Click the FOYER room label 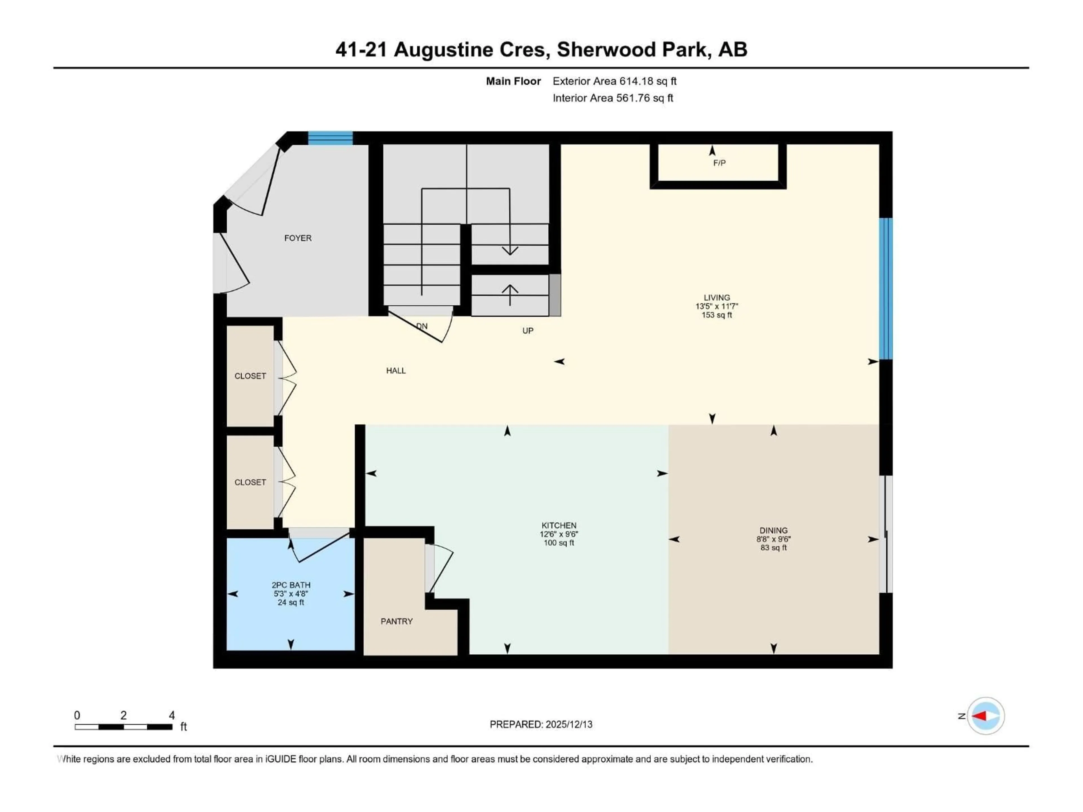click(x=298, y=238)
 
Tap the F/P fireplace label click(x=719, y=163)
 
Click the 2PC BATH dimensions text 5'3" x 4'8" click(x=291, y=594)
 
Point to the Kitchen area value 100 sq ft click(x=559, y=543)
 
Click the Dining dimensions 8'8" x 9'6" click(x=773, y=539)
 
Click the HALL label click(x=396, y=370)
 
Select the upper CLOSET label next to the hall click(x=250, y=376)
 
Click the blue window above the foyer click(x=330, y=138)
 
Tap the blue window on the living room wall click(x=886, y=289)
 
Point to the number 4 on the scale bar click(x=172, y=715)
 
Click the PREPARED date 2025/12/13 click(x=569, y=724)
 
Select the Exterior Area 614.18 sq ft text click(x=615, y=81)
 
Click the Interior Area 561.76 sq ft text click(x=613, y=98)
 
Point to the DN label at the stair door click(x=422, y=326)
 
